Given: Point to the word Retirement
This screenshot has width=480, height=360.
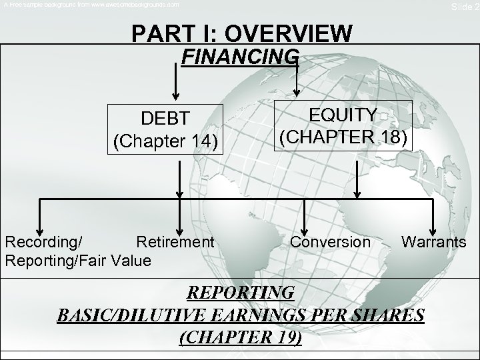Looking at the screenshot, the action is (x=175, y=241).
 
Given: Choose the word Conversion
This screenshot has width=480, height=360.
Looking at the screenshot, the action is (x=331, y=241).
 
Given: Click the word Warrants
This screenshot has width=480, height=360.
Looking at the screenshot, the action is (x=434, y=241).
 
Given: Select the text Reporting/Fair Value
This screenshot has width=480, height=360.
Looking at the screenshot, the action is (x=78, y=259).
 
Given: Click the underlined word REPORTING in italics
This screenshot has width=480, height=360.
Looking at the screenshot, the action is (x=240, y=293).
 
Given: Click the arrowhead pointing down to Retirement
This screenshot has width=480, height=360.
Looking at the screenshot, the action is (x=179, y=226).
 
